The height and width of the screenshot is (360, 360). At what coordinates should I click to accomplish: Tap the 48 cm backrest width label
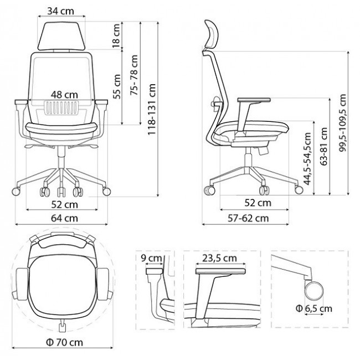(62, 95)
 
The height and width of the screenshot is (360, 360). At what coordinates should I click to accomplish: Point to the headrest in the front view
(61, 35)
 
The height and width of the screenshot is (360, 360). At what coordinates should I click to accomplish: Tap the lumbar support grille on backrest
(63, 108)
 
